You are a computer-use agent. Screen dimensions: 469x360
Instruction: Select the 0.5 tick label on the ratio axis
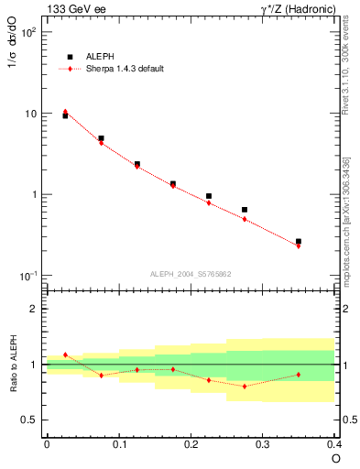pos(29,420)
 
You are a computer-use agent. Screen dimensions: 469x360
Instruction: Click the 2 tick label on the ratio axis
pos(33,309)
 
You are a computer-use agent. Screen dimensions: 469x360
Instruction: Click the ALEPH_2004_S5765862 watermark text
pos(191,273)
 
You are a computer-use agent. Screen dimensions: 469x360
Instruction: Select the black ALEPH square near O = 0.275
pos(245,210)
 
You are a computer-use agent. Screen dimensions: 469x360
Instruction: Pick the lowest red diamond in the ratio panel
pos(245,386)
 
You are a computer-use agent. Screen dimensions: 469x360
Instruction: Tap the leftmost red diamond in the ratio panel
pos(65,354)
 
